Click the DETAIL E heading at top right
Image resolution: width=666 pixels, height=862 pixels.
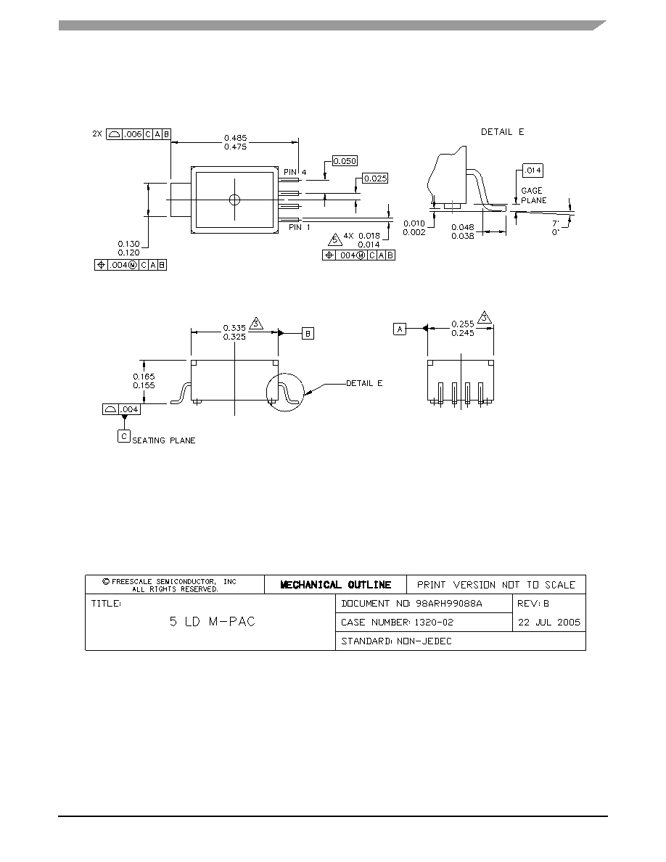point(502,132)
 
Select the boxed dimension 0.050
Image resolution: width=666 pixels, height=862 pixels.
point(345,161)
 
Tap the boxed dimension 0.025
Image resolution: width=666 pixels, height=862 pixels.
point(375,178)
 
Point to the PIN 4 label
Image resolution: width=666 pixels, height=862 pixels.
point(295,172)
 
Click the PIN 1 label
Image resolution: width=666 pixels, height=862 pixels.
point(300,227)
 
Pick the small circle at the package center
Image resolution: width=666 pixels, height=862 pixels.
point(234,199)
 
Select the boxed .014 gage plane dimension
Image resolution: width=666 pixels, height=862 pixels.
point(533,171)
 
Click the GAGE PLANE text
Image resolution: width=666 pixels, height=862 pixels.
point(533,195)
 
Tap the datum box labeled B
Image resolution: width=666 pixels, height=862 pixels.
point(308,333)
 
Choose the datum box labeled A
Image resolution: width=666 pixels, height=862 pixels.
point(400,329)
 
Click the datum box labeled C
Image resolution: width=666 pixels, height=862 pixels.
point(124,437)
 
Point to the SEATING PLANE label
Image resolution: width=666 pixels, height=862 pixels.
point(164,440)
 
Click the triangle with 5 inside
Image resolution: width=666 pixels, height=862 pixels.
point(334,239)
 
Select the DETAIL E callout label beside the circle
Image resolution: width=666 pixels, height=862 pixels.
point(364,383)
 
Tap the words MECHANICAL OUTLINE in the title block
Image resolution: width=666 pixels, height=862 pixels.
point(336,585)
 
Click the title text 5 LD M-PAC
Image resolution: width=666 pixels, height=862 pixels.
point(213,622)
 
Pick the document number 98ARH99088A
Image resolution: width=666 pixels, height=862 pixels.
point(449,604)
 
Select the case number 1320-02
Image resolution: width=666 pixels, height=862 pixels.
point(434,623)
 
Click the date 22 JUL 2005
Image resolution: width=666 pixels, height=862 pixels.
point(549,623)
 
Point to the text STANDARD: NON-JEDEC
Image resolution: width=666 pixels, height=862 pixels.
point(396,641)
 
